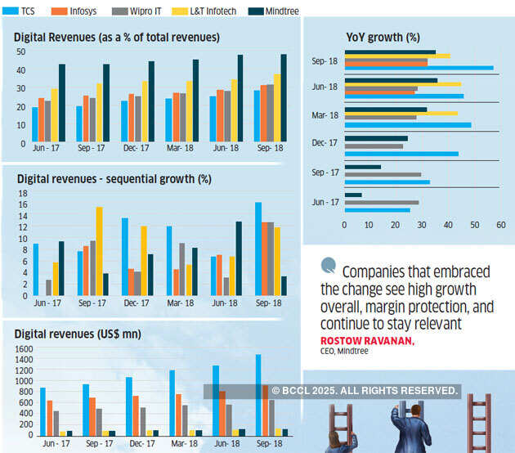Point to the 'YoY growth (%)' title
(383, 37)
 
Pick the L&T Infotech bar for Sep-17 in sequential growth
(99, 251)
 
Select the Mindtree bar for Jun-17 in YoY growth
(353, 195)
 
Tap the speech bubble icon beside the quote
(329, 265)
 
